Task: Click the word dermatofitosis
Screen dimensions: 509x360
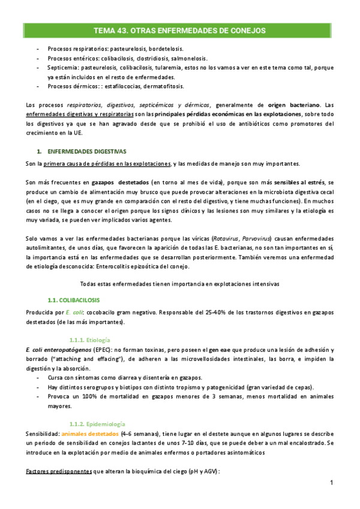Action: [x=158, y=87]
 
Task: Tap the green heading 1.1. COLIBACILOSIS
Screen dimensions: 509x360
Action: [x=74, y=299]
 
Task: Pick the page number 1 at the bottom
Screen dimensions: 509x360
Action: [x=332, y=483]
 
